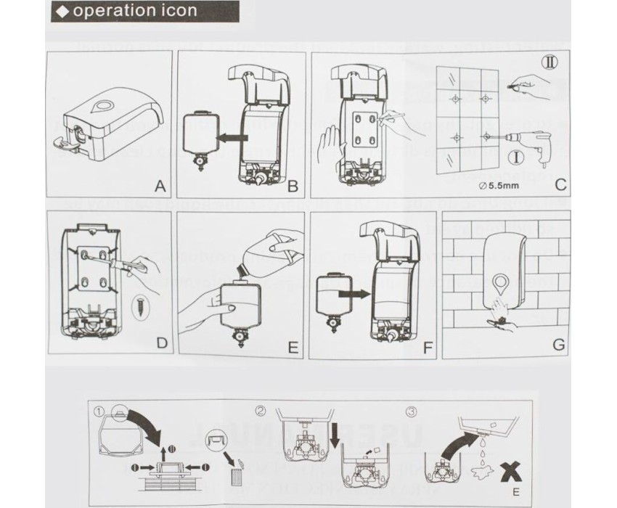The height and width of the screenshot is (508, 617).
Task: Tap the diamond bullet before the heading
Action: coord(64,12)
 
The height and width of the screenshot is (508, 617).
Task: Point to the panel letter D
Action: coord(160,343)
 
